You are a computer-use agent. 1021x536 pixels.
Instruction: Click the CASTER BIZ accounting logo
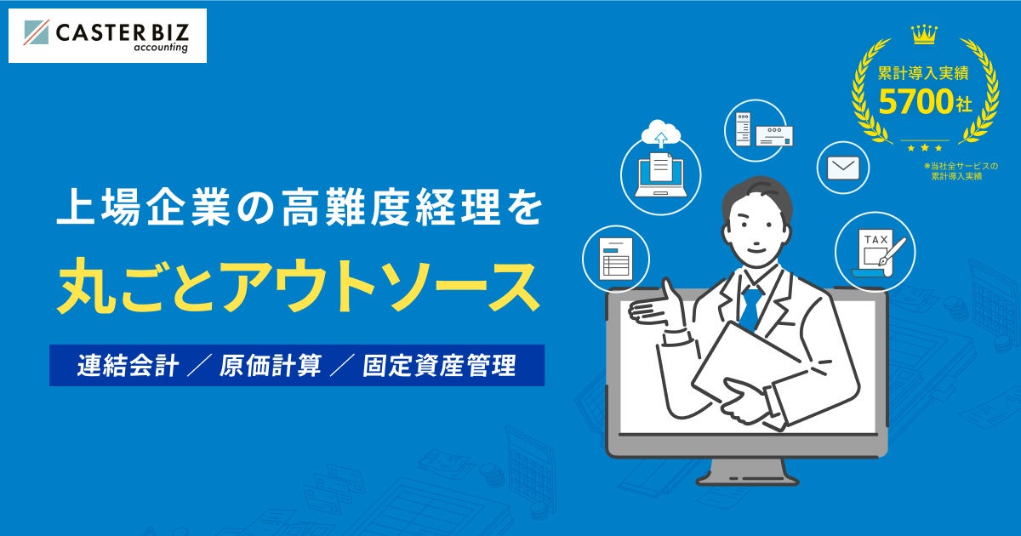107,35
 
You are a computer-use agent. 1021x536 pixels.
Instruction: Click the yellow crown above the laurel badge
925,35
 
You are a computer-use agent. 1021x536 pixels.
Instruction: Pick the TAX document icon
876,247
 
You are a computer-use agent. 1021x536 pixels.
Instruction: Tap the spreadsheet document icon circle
615,256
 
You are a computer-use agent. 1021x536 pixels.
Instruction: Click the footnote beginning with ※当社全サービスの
961,170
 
